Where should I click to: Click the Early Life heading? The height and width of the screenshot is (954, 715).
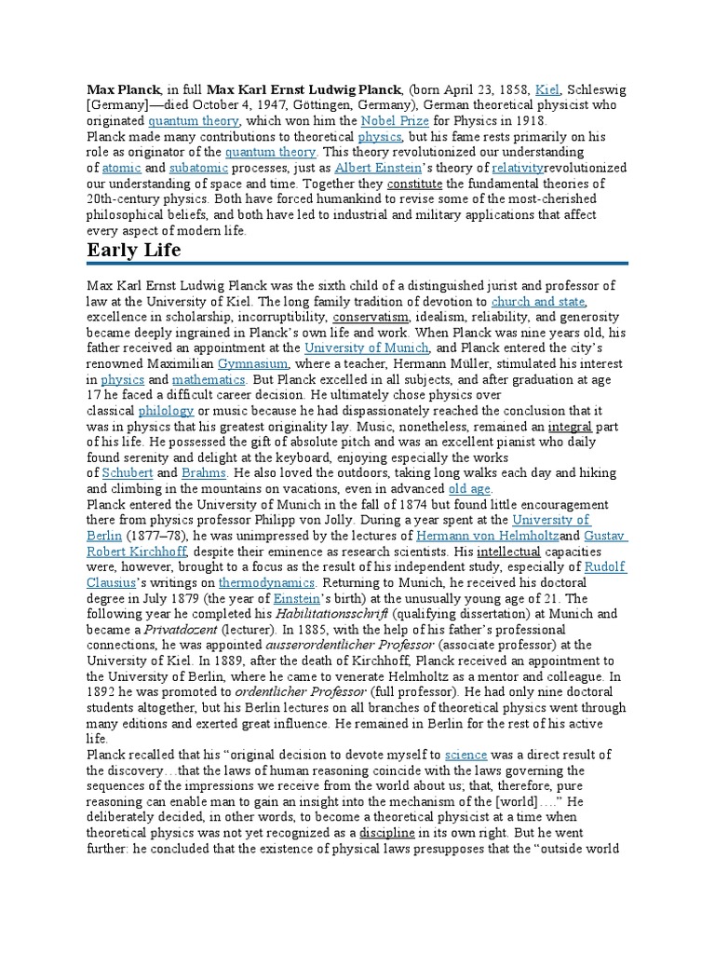134,251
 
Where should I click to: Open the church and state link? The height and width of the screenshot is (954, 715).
538,301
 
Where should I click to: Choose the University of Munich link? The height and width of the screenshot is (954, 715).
367,348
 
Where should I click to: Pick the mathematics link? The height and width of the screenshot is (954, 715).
209,380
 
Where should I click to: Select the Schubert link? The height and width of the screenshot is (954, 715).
127,473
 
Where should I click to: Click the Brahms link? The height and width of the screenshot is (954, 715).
203,473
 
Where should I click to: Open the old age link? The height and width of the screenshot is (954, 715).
470,489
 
